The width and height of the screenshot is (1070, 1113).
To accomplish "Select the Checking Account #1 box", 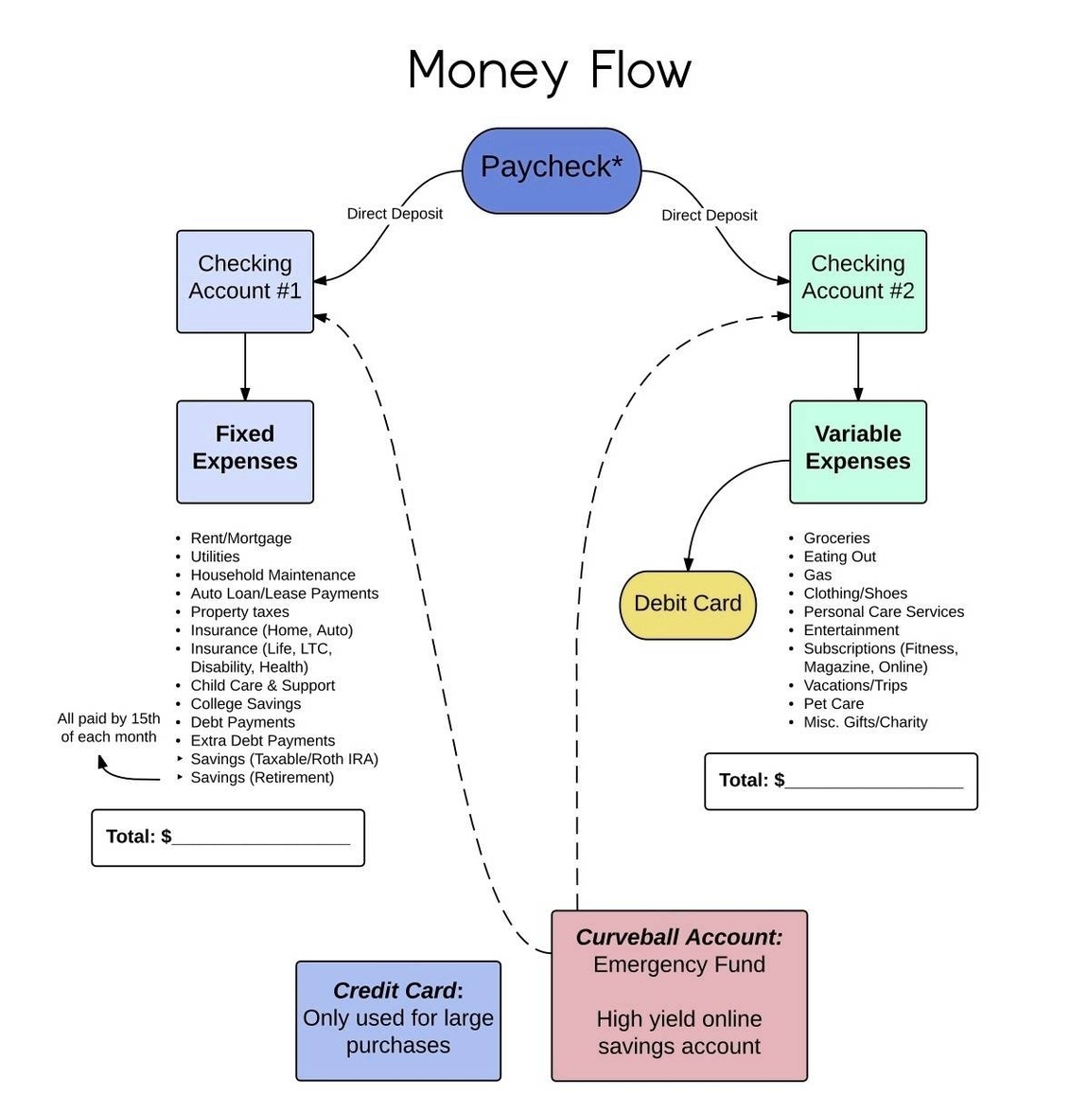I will [245, 281].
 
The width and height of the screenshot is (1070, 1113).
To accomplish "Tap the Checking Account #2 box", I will [857, 281].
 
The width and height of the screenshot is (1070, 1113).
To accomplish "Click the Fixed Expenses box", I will [245, 451].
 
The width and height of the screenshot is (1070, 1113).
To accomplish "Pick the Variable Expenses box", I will [857, 451].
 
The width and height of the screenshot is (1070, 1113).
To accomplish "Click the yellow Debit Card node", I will [688, 605].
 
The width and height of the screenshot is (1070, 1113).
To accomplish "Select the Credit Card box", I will [398, 1020].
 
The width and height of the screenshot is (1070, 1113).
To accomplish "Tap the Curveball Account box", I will [679, 995].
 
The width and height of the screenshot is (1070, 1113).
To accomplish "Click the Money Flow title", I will [550, 71].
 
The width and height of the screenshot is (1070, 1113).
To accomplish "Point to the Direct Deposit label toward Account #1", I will [395, 214].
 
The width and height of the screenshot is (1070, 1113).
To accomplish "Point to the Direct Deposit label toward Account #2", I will [710, 216].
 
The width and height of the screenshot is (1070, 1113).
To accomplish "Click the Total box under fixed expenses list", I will [228, 838].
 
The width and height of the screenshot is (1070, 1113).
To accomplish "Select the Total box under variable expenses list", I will [841, 782].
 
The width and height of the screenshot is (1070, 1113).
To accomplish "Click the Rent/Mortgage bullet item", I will [241, 539].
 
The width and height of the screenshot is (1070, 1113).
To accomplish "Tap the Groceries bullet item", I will [836, 539].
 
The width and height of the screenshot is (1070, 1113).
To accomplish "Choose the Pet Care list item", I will [833, 704].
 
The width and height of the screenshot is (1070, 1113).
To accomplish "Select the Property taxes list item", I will [239, 612].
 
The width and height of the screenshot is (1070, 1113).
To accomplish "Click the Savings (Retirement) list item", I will [262, 778].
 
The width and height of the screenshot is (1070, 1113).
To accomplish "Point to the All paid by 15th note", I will [109, 728].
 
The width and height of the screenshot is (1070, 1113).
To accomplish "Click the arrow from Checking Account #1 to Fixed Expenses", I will [245, 366].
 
